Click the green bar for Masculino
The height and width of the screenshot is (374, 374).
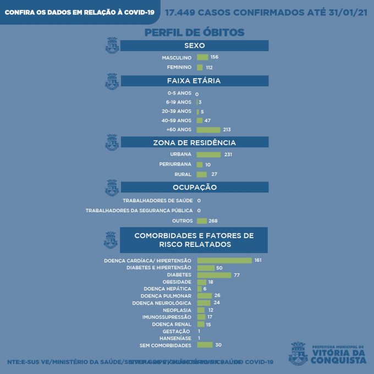click(x=202, y=57)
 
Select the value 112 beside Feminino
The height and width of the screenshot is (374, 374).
click(x=209, y=68)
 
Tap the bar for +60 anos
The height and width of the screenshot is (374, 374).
click(x=208, y=130)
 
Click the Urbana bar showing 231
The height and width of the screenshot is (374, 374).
click(x=208, y=155)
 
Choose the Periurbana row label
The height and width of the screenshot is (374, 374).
click(x=175, y=164)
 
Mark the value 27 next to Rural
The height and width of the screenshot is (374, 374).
click(x=215, y=174)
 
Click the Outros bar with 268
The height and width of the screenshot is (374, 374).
click(x=202, y=221)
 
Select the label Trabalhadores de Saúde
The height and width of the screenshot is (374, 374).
click(x=157, y=201)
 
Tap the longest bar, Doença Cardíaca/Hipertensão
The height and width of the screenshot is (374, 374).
click(x=224, y=260)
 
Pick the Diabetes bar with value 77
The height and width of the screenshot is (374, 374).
click(x=214, y=274)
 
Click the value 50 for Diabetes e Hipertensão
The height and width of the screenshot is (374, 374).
click(x=219, y=267)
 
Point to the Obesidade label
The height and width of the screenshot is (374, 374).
click(x=178, y=282)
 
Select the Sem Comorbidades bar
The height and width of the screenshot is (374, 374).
click(x=205, y=345)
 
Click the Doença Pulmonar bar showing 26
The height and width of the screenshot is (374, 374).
click(x=204, y=296)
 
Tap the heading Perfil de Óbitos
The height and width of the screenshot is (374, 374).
click(x=194, y=32)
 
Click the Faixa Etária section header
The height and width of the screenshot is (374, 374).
click(x=194, y=81)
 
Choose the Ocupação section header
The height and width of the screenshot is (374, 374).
click(x=194, y=188)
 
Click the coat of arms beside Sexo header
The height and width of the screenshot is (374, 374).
click(x=112, y=45)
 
